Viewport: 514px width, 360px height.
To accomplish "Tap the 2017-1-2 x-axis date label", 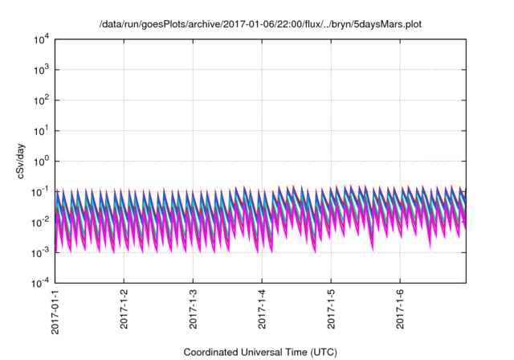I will pos(124,309).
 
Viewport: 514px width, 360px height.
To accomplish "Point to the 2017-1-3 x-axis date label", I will pos(194,309).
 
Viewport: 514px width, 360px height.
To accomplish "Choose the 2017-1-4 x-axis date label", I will pos(263,309).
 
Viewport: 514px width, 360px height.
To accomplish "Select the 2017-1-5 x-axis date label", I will pos(332,309).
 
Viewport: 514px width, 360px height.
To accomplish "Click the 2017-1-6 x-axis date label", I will pos(401,309).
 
